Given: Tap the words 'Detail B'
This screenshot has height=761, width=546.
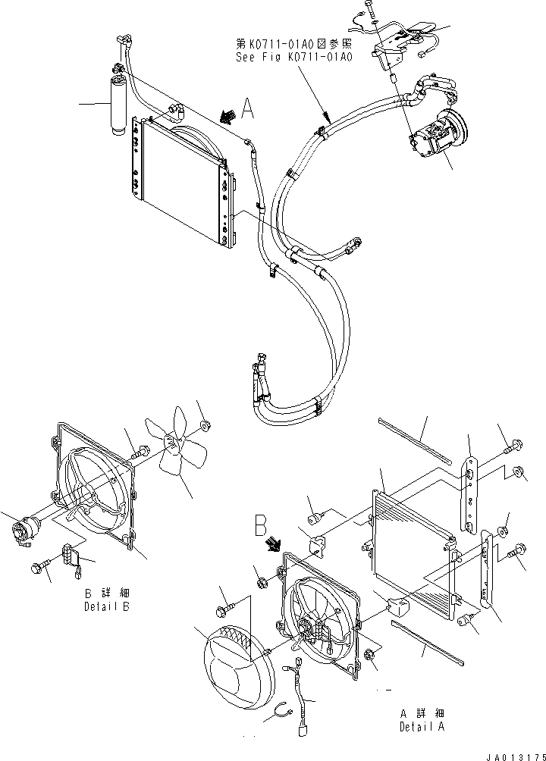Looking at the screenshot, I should click(107, 607).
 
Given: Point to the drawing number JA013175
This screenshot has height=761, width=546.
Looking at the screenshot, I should click(512, 754).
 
